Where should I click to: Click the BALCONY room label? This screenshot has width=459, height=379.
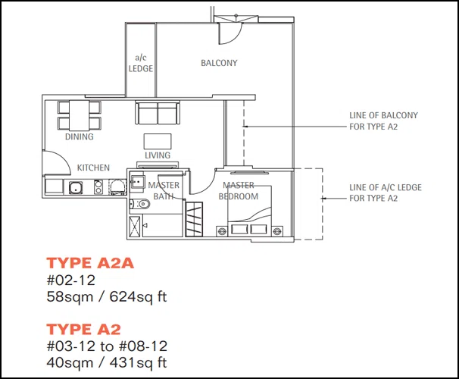pyautogui.click(x=219, y=63)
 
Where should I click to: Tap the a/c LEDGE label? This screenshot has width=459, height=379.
pyautogui.click(x=141, y=63)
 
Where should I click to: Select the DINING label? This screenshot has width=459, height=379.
pyautogui.click(x=80, y=136)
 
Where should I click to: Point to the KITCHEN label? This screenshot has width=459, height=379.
pyautogui.click(x=93, y=168)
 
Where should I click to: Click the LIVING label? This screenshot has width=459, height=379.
pyautogui.click(x=158, y=155)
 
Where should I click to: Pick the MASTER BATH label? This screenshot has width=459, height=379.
pyautogui.click(x=164, y=191)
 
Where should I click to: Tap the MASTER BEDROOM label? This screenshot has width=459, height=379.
pyautogui.click(x=239, y=191)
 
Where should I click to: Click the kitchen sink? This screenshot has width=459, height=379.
pyautogui.click(x=76, y=187)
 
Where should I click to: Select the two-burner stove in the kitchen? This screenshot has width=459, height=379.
pyautogui.click(x=98, y=187)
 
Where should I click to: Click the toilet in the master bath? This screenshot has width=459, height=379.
pyautogui.click(x=139, y=204)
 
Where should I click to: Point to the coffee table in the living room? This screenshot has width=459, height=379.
pyautogui.click(x=158, y=142)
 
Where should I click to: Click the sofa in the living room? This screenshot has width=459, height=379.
pyautogui.click(x=158, y=113)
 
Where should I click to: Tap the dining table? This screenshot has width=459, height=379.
pyautogui.click(x=79, y=115)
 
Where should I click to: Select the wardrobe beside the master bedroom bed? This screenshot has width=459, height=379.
pyautogui.click(x=194, y=219)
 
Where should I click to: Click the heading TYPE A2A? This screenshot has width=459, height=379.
pyautogui.click(x=90, y=263)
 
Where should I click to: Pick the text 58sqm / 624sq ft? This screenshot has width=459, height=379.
pyautogui.click(x=107, y=297)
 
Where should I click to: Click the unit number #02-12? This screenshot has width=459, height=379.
pyautogui.click(x=71, y=280)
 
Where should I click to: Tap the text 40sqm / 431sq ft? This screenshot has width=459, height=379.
pyautogui.click(x=107, y=363)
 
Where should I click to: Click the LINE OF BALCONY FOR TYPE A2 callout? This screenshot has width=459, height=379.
pyautogui.click(x=383, y=121)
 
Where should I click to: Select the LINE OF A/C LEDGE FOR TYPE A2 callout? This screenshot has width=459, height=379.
pyautogui.click(x=386, y=193)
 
